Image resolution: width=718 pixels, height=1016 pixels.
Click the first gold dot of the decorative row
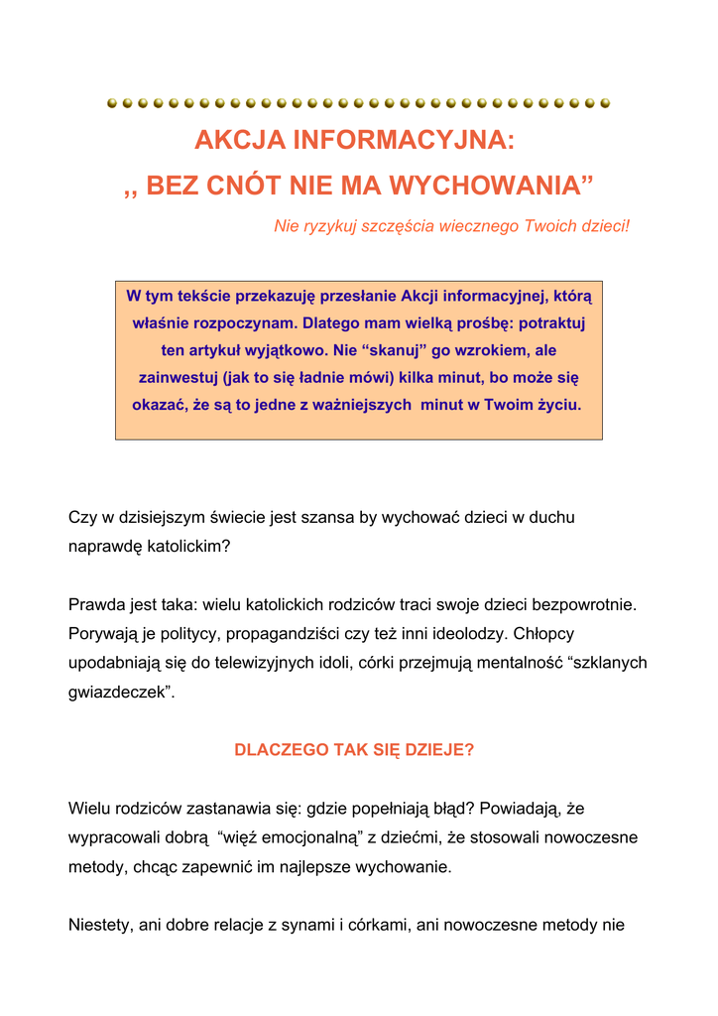click(112, 102)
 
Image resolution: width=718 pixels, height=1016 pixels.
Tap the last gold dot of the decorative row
click(605, 102)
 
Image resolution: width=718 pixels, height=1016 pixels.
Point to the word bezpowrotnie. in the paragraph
click(584, 604)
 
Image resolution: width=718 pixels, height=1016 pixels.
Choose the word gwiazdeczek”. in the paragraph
click(121, 692)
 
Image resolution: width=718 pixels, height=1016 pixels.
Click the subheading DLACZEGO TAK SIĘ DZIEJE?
click(354, 750)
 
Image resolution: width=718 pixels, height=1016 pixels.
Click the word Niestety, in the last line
click(101, 926)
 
